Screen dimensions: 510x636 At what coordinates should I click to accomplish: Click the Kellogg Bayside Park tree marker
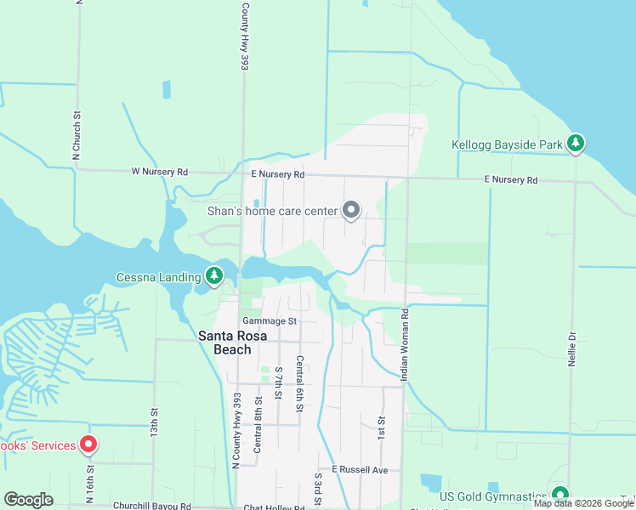point(576,144)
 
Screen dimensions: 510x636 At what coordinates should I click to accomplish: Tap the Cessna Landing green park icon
point(214,276)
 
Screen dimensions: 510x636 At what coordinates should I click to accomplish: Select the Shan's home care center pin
point(351,210)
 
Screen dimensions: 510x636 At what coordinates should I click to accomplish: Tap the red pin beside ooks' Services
point(88,445)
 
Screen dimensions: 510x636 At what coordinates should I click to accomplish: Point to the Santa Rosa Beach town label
point(224,343)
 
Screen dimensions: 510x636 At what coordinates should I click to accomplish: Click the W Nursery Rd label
point(159,172)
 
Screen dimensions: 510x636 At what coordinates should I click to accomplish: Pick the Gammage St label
point(269,321)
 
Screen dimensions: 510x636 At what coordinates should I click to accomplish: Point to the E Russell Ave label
point(360,469)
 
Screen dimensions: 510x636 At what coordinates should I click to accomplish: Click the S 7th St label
point(278,382)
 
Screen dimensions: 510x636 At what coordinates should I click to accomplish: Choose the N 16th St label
point(88,485)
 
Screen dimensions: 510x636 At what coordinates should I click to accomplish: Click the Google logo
point(28,500)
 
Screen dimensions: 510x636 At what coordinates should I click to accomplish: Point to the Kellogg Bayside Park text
point(506,144)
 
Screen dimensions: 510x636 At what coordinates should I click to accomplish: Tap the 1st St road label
point(382,428)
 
